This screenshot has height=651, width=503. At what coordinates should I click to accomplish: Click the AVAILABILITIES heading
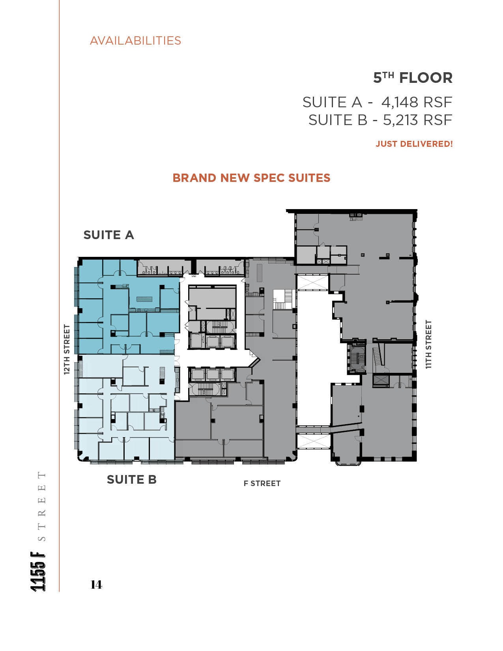pyautogui.click(x=135, y=41)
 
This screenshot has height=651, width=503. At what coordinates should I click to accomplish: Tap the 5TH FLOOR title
pyautogui.click(x=413, y=78)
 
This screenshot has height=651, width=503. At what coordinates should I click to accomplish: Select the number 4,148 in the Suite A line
pyautogui.click(x=400, y=102)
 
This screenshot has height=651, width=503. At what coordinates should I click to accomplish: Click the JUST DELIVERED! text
pyautogui.click(x=414, y=144)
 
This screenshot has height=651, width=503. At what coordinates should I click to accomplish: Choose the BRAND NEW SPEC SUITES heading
pyautogui.click(x=251, y=178)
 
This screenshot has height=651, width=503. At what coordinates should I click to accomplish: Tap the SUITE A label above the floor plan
pyautogui.click(x=108, y=235)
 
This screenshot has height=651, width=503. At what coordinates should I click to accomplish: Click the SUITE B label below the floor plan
pyautogui.click(x=131, y=480)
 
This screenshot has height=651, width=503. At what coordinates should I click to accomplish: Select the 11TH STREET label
pyautogui.click(x=429, y=344)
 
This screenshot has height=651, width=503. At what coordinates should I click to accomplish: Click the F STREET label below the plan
pyautogui.click(x=262, y=483)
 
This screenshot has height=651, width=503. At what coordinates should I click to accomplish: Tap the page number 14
pyautogui.click(x=97, y=584)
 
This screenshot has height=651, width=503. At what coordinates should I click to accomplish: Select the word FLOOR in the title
pyautogui.click(x=426, y=78)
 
